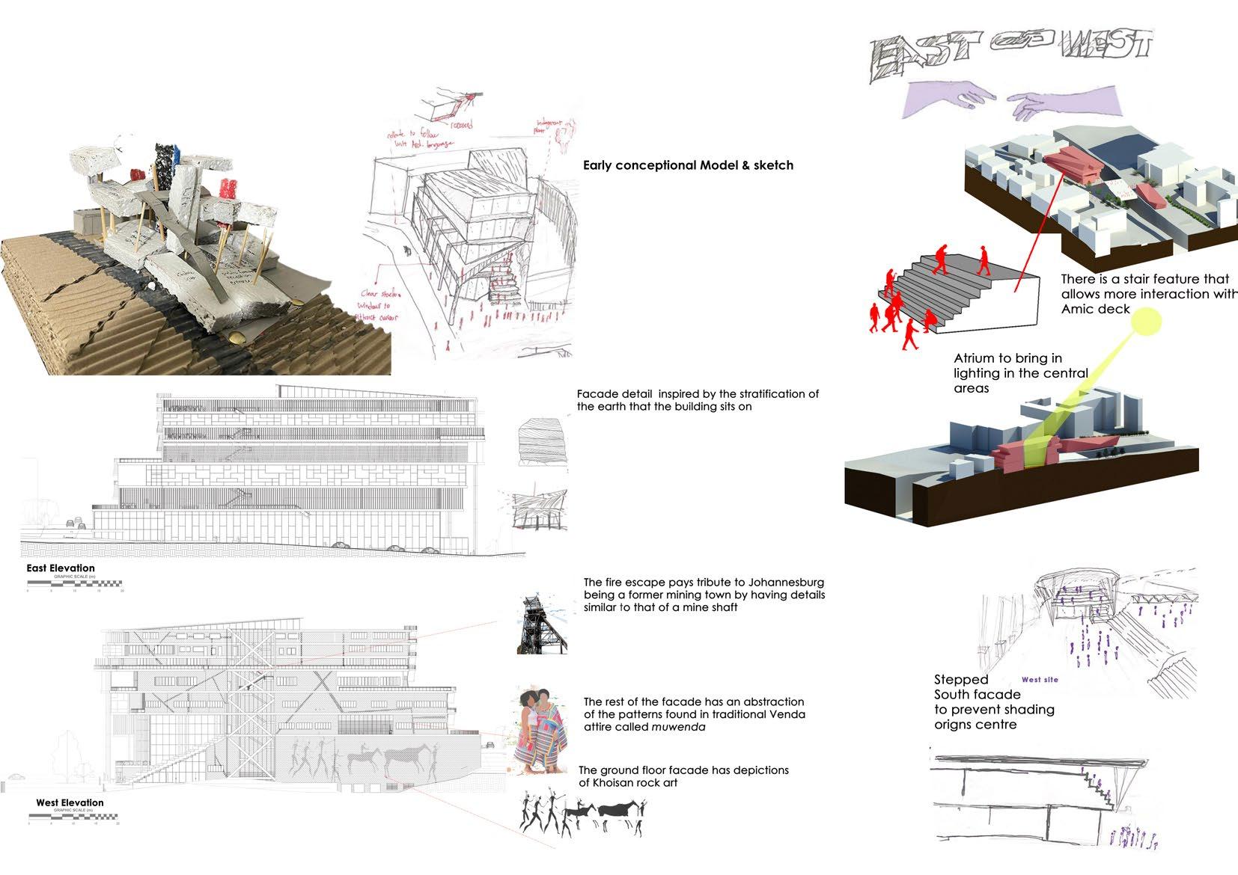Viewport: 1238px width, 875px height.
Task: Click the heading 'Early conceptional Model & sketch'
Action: coord(688,165)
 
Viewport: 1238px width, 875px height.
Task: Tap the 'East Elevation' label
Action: coord(61,568)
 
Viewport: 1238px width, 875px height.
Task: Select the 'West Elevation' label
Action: coord(70,802)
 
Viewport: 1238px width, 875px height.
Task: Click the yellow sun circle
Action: coord(1146,322)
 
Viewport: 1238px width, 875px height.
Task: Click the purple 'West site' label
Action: coord(1040,680)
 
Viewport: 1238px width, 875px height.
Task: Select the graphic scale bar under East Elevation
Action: coord(74,583)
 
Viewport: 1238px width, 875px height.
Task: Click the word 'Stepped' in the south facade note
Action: coord(961,680)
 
